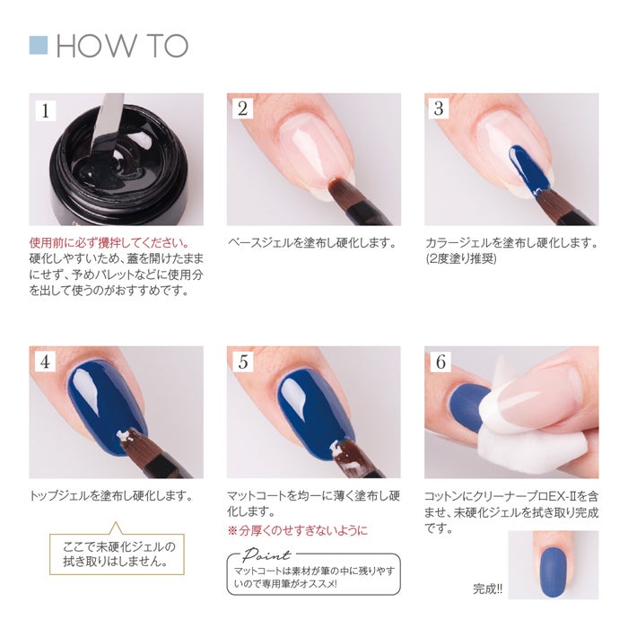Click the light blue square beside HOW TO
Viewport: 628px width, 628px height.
tap(39, 45)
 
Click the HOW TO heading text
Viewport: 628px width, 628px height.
tap(122, 46)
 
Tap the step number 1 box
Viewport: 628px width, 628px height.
tap(45, 110)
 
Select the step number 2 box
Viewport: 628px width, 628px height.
tap(242, 109)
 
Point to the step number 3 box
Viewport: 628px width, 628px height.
tap(439, 109)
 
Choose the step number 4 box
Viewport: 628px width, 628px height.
tap(45, 362)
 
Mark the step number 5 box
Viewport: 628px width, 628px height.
tap(243, 362)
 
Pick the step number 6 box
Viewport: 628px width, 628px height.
tap(440, 362)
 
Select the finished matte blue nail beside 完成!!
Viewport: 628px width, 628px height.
tap(554, 572)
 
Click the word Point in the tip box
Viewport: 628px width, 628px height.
tap(266, 554)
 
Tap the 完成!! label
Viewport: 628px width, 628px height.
tap(487, 589)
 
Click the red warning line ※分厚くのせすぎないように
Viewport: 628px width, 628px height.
tap(297, 531)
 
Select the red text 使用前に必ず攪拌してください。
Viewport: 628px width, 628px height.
tap(109, 243)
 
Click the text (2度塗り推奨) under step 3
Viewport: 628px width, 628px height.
tap(461, 258)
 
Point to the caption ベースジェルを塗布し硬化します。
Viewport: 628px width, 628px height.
tap(312, 243)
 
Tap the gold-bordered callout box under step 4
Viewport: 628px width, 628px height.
tap(117, 554)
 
